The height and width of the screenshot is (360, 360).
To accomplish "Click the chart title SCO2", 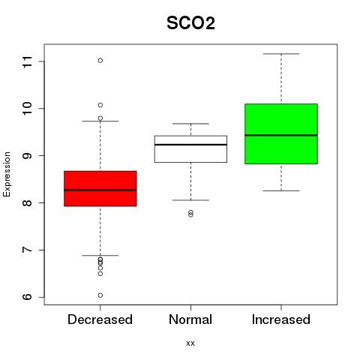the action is point(190,23).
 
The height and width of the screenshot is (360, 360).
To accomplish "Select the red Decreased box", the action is point(100,188).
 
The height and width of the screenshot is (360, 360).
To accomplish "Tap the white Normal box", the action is point(190,149).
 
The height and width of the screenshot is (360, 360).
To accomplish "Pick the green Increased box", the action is point(281,133).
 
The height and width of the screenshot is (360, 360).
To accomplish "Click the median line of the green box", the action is point(281,135).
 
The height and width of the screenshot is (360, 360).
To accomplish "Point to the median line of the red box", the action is point(100,190).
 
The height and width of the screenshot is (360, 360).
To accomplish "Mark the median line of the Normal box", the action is point(190,145).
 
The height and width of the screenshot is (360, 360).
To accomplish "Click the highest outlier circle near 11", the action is point(100,60).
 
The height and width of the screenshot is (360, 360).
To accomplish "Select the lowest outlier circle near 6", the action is point(100,295).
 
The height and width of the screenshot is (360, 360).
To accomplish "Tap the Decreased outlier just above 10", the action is point(100,105).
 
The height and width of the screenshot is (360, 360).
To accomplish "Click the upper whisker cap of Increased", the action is point(281,54).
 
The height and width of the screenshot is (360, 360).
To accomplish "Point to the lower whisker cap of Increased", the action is point(281,190).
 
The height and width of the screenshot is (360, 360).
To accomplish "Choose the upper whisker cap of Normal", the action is point(190,124).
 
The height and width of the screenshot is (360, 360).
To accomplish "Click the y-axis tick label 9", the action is point(27,156).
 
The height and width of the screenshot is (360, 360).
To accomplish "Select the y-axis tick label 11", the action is point(27,61).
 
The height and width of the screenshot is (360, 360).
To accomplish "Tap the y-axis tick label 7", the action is point(27,250).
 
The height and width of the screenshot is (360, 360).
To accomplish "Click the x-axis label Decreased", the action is point(100,319).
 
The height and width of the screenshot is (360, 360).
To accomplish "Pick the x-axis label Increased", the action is point(281,319).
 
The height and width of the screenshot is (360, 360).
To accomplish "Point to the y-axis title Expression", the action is point(7,174).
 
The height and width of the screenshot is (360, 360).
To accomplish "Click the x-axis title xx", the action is point(190,343).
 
